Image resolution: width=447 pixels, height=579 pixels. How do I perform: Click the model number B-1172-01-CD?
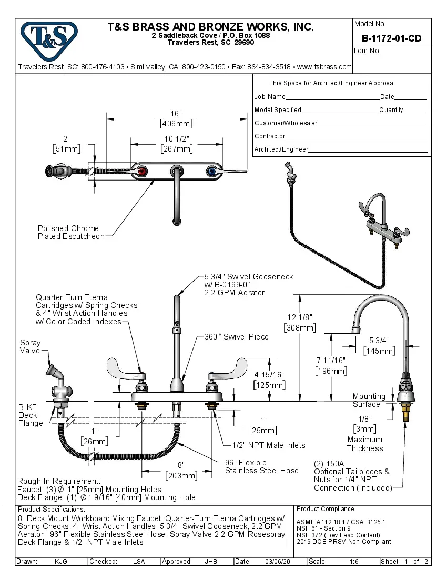click(x=391, y=38)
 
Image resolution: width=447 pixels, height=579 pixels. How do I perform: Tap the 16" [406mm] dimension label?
click(x=176, y=119)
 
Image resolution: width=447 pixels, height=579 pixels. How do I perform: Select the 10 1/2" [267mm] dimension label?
click(x=176, y=144)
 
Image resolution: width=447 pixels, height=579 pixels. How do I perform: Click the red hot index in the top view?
click(x=143, y=172)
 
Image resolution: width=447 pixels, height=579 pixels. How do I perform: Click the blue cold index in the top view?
click(x=211, y=172)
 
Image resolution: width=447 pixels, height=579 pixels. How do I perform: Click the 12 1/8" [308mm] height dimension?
click(x=299, y=323)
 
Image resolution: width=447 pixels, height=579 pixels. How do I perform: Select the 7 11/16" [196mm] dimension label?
click(x=331, y=365)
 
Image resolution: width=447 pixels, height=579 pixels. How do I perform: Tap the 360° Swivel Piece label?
click(x=236, y=337)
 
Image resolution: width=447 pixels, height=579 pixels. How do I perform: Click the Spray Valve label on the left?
click(x=30, y=346)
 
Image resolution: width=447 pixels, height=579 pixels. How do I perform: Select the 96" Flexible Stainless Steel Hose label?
click(x=261, y=466)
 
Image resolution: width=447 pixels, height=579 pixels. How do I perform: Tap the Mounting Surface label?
click(x=369, y=400)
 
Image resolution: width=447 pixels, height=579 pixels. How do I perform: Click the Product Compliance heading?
click(x=326, y=509)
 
